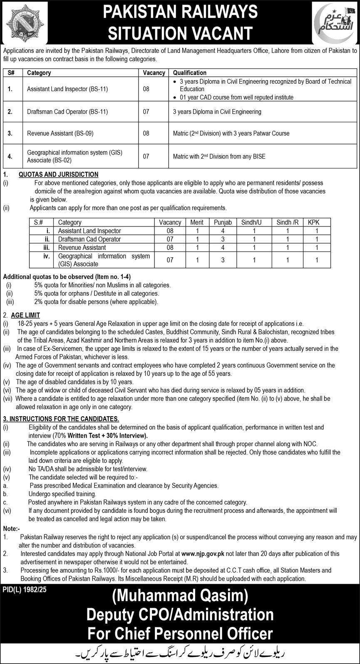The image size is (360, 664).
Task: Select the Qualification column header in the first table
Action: click(190, 72)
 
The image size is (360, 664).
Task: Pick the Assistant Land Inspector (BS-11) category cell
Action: click(67, 89)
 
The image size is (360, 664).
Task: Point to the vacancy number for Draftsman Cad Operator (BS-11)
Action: click(146, 112)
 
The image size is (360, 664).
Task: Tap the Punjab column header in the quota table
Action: click(223, 223)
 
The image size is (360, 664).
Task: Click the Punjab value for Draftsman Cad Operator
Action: click(223, 239)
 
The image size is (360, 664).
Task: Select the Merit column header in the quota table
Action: click(197, 223)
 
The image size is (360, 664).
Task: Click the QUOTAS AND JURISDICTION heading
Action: click(59, 174)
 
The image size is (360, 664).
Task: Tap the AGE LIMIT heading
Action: click(26, 316)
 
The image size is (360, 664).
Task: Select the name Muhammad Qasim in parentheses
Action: click(179, 598)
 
